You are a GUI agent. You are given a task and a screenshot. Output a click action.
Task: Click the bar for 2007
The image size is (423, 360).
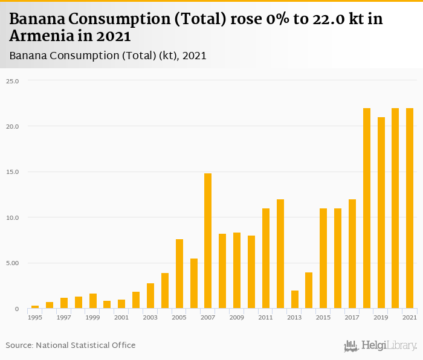pyautogui.click(x=208, y=241)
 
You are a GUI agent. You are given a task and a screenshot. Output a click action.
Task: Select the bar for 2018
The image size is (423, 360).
pyautogui.click(x=367, y=208)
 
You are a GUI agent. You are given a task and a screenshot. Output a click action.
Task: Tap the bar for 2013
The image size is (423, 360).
pyautogui.click(x=294, y=300)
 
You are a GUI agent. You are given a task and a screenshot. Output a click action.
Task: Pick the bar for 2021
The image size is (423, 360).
pyautogui.click(x=410, y=208)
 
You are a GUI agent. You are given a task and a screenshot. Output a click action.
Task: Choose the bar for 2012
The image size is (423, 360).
pyautogui.click(x=280, y=254)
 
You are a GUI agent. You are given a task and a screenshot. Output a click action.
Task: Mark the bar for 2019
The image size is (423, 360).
pyautogui.click(x=381, y=213)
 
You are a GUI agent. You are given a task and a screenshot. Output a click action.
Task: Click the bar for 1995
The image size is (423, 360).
pyautogui.click(x=35, y=307)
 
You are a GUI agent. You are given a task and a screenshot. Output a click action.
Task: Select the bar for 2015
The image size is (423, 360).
pyautogui.click(x=323, y=259)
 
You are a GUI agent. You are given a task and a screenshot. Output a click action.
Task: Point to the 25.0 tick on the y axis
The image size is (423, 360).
pyautogui.click(x=13, y=81)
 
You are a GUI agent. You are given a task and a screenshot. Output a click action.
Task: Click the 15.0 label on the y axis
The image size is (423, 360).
pyautogui.click(x=13, y=172)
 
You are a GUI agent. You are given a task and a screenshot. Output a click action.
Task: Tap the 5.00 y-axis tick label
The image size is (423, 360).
pyautogui.click(x=13, y=263)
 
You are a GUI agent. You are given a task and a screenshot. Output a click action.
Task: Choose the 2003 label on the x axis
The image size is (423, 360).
pyautogui.click(x=150, y=317)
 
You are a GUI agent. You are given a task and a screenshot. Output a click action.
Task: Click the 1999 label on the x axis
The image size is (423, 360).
pyautogui.click(x=92, y=317)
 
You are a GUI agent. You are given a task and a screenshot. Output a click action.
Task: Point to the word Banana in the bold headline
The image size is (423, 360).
pyautogui.click(x=39, y=19)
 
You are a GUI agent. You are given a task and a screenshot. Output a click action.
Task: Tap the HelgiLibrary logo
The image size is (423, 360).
pyautogui.click(x=381, y=346)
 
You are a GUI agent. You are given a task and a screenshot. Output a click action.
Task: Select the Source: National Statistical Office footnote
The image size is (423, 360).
pyautogui.click(x=71, y=346)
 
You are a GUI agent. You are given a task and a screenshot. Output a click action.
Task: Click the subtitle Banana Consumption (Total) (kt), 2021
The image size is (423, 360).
pyautogui.click(x=108, y=56)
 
